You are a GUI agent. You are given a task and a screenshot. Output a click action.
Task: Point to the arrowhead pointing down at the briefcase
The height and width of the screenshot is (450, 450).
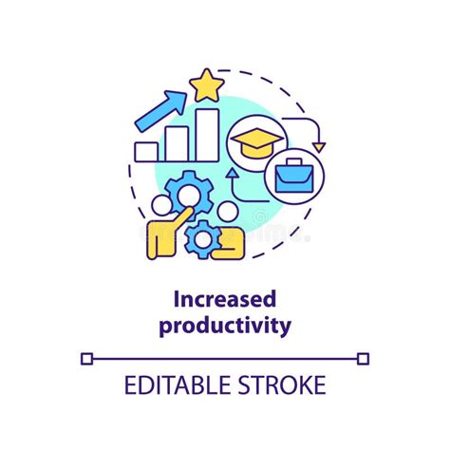click(x=319, y=146)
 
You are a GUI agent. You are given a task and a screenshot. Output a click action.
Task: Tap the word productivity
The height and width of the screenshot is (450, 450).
click(x=225, y=326)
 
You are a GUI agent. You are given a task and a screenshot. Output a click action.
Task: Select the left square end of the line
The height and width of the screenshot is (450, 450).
click(x=87, y=358)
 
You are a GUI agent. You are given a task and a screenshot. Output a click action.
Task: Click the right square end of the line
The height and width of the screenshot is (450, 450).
click(x=363, y=358)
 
